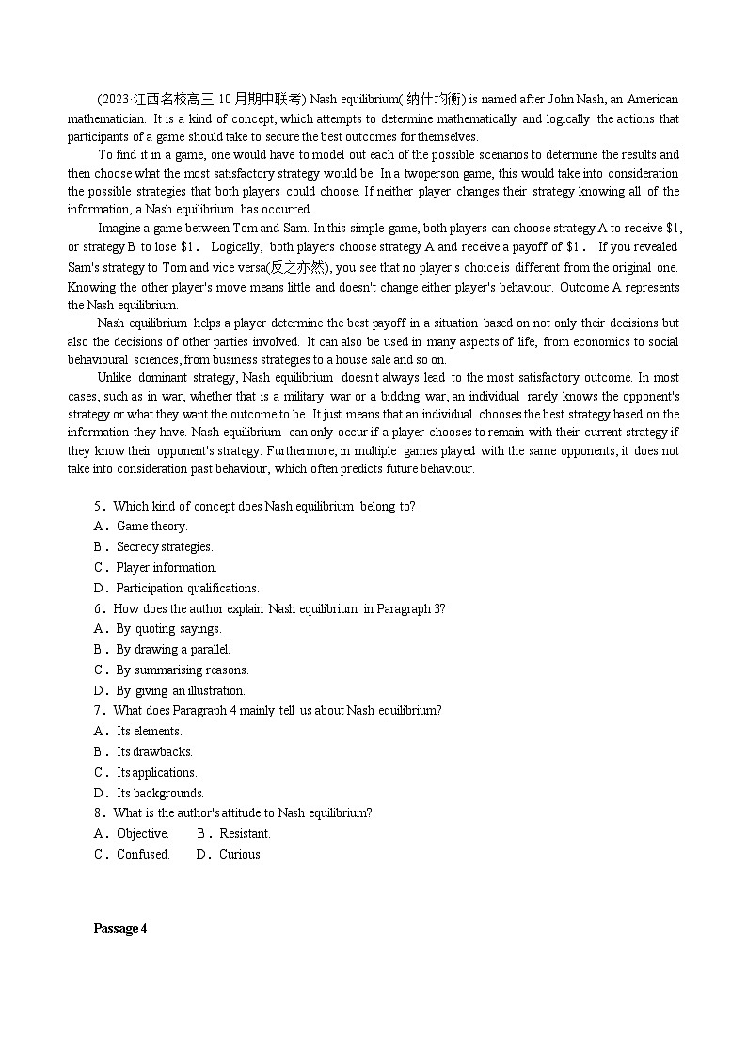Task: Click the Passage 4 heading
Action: [x=120, y=929]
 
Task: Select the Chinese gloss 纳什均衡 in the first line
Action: [x=433, y=100]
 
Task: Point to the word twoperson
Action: [x=432, y=174]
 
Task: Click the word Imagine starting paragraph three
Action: [x=119, y=229]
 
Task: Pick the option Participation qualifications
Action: [x=187, y=589]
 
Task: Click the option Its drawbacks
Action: [x=154, y=752]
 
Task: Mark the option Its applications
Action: [x=156, y=773]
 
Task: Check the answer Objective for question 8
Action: [x=142, y=834]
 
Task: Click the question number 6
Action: [x=98, y=609]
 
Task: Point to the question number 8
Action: [x=98, y=813]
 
